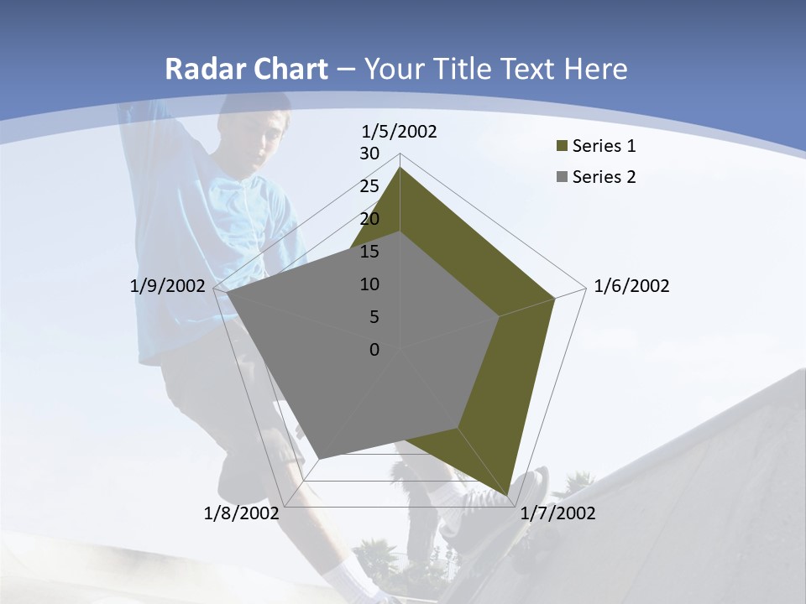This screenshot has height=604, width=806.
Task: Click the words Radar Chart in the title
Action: pyautogui.click(x=246, y=69)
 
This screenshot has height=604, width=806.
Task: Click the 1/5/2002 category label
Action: pyautogui.click(x=400, y=132)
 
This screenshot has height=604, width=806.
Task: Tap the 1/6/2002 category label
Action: pyautogui.click(x=631, y=286)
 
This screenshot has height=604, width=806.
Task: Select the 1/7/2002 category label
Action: pyautogui.click(x=557, y=513)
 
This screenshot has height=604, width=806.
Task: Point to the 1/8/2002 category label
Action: pyautogui.click(x=241, y=513)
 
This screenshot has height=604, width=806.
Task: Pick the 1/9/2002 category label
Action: pyautogui.click(x=167, y=286)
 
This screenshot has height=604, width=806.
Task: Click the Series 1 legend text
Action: pyautogui.click(x=604, y=146)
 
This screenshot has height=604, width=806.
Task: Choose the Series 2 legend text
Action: pyautogui.click(x=604, y=177)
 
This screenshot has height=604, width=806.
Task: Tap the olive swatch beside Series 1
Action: pyautogui.click(x=563, y=146)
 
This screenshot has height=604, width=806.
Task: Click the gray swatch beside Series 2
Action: pyautogui.click(x=563, y=177)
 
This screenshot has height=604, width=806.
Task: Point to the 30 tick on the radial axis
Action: pyautogui.click(x=369, y=154)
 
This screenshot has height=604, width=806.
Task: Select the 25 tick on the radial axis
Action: pyautogui.click(x=369, y=186)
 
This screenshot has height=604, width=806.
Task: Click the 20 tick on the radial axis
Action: pyautogui.click(x=369, y=219)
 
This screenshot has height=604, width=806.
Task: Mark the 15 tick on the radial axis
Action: pyautogui.click(x=369, y=252)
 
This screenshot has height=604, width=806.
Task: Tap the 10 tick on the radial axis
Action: pyautogui.click(x=369, y=284)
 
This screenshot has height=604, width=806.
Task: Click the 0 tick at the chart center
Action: pyautogui.click(x=374, y=350)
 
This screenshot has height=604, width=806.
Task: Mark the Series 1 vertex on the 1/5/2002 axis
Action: pyautogui.click(x=400, y=168)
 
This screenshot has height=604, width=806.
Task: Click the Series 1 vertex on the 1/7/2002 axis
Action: pyautogui.click(x=508, y=496)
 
